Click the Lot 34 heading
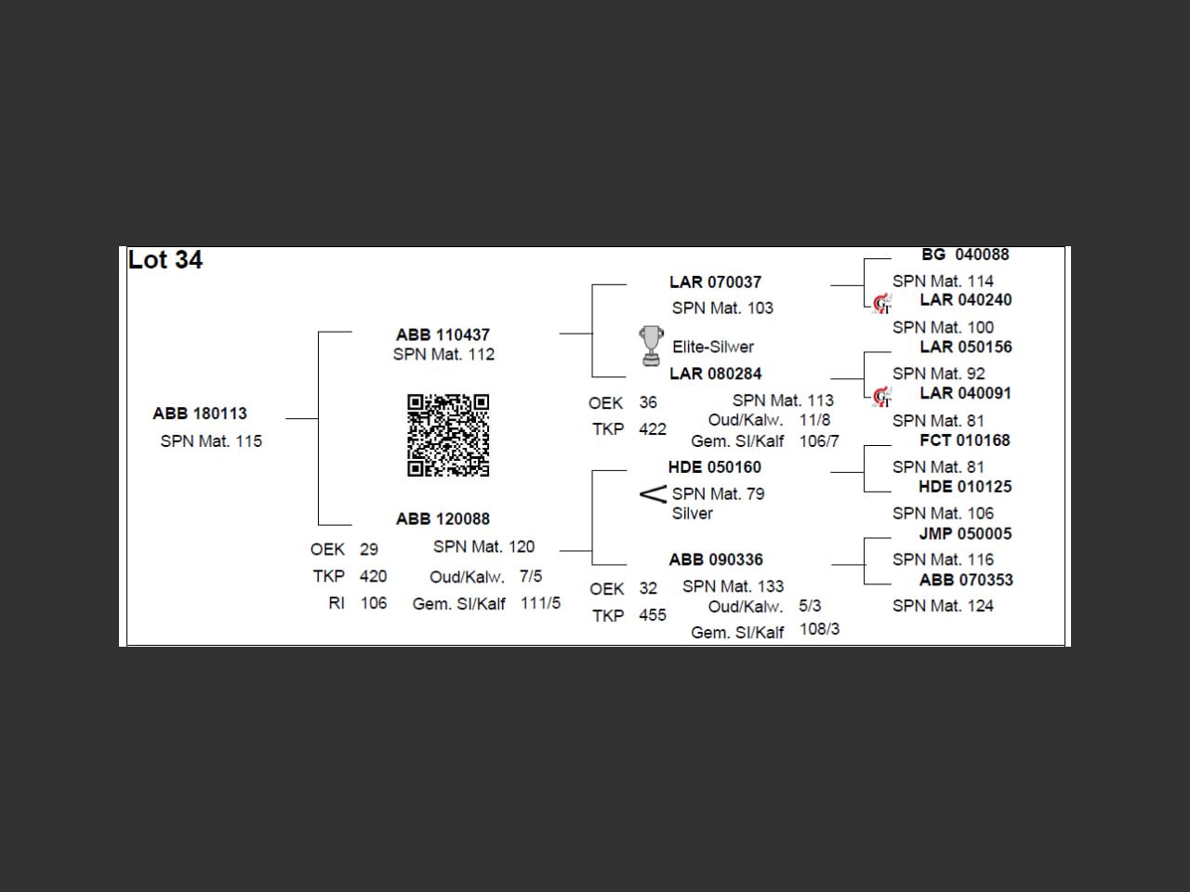pyautogui.click(x=165, y=260)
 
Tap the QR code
pyautogui.click(x=448, y=435)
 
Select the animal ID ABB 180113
pyautogui.click(x=200, y=413)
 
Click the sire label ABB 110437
pyautogui.click(x=443, y=334)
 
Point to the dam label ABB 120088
pyautogui.click(x=443, y=518)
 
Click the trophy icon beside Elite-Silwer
pyautogui.click(x=651, y=346)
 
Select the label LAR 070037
pyautogui.click(x=715, y=282)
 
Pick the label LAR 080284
pyautogui.click(x=715, y=374)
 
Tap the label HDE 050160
pyautogui.click(x=714, y=467)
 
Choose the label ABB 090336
pyautogui.click(x=715, y=559)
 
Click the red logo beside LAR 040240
pyautogui.click(x=882, y=304)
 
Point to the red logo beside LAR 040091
pyautogui.click(x=882, y=397)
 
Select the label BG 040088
pyautogui.click(x=965, y=255)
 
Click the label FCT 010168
pyautogui.click(x=965, y=440)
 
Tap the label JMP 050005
pyautogui.click(x=965, y=533)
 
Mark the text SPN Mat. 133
pyautogui.click(x=733, y=586)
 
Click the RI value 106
pyautogui.click(x=373, y=603)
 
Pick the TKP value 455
pyautogui.click(x=653, y=615)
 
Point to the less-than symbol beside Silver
pyautogui.click(x=654, y=494)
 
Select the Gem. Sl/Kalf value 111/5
pyautogui.click(x=540, y=603)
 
